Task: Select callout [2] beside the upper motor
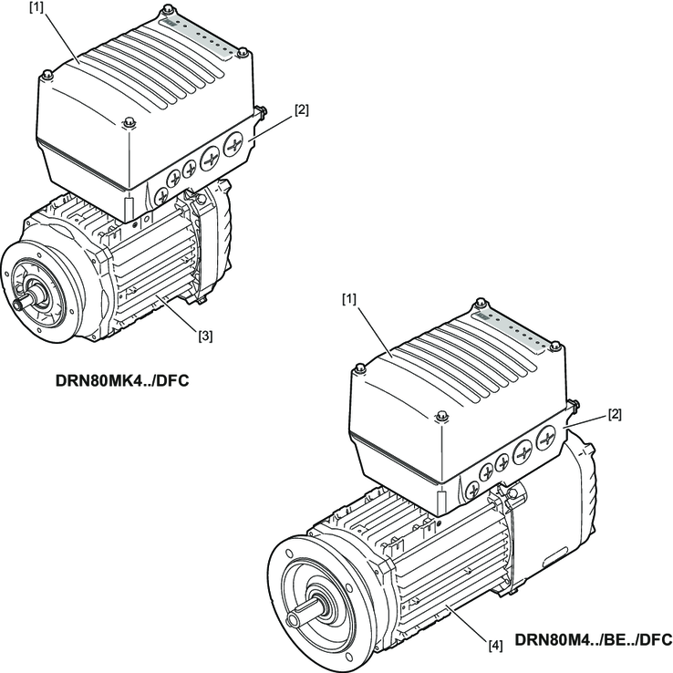[301, 110]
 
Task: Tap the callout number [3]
[206, 335]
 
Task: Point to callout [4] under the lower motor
[494, 646]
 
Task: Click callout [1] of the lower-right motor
[349, 298]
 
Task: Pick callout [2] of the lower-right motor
[615, 415]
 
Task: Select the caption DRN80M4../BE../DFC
[594, 639]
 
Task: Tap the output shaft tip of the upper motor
[17, 305]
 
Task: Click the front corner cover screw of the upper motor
[128, 122]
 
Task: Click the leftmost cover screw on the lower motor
[360, 368]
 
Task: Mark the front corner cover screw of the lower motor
[442, 418]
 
